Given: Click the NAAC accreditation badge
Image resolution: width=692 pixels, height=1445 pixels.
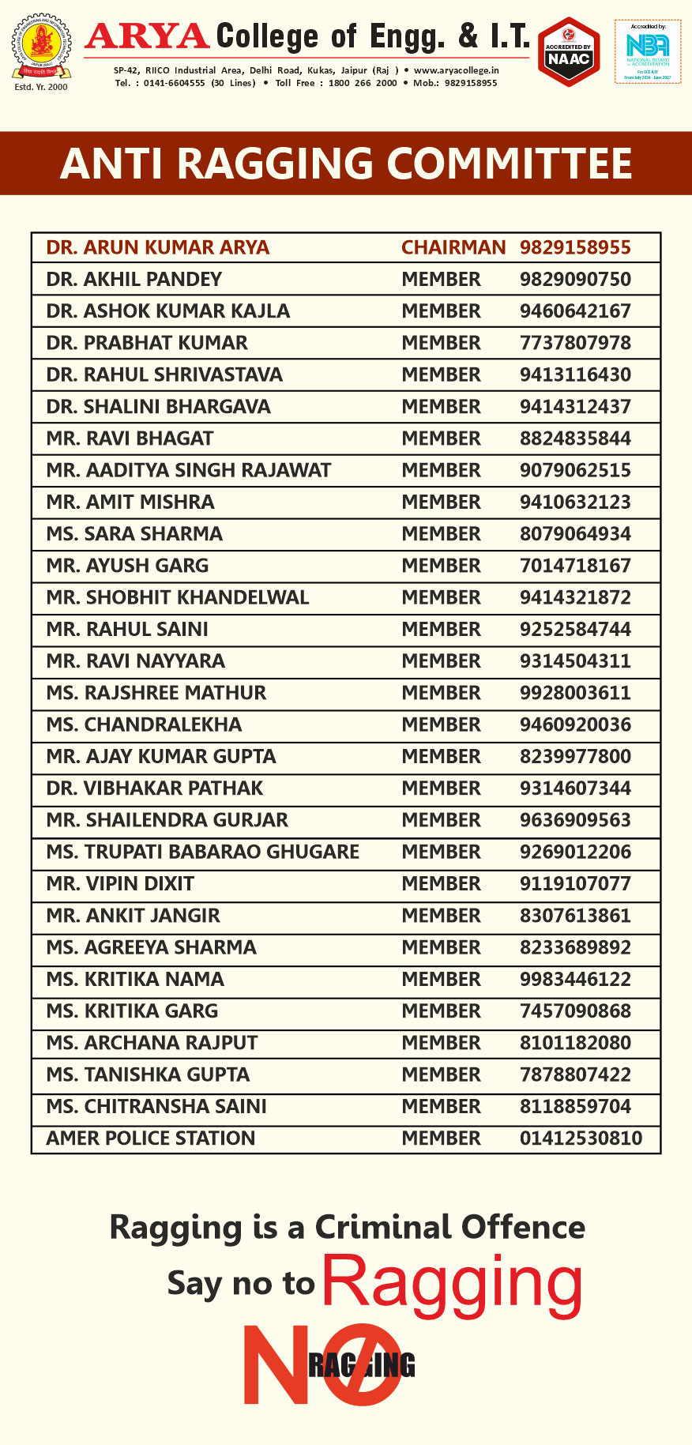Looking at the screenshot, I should pos(569,51).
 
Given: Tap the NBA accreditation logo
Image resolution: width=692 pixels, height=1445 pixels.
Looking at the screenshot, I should pos(648,51).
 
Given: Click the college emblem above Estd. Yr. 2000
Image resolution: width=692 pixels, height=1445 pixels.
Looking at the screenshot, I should pos(40,47).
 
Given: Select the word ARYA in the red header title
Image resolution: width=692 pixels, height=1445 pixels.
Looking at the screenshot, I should pos(148,36).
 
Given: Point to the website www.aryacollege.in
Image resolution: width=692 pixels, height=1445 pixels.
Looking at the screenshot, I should pos(457,70).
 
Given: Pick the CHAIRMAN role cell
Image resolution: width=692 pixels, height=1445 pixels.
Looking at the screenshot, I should pos(453,247).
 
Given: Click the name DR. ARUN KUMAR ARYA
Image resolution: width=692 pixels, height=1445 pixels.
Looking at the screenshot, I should pos(158,247).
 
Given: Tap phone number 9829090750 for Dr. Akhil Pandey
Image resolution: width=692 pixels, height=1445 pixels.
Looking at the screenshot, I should pos(575,279).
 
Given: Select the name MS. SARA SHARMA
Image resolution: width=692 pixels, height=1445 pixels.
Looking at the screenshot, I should pos(134,534).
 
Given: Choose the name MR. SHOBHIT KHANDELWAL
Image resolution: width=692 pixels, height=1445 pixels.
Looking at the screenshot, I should pos(178,597).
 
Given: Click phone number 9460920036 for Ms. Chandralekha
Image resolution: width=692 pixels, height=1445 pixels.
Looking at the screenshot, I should pos(575,724).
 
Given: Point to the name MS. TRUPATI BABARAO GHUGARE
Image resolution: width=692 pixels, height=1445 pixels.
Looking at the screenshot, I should pos(203,852).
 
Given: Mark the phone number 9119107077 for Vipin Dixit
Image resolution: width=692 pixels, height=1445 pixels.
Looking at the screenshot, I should pos(575,883).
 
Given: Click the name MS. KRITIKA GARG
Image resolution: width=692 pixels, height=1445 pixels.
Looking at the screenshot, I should pos(132,1011).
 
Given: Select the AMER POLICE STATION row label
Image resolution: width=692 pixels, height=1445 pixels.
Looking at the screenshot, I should pos(151,1138).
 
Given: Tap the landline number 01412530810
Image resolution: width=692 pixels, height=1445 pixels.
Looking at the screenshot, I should pos(581,1138).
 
